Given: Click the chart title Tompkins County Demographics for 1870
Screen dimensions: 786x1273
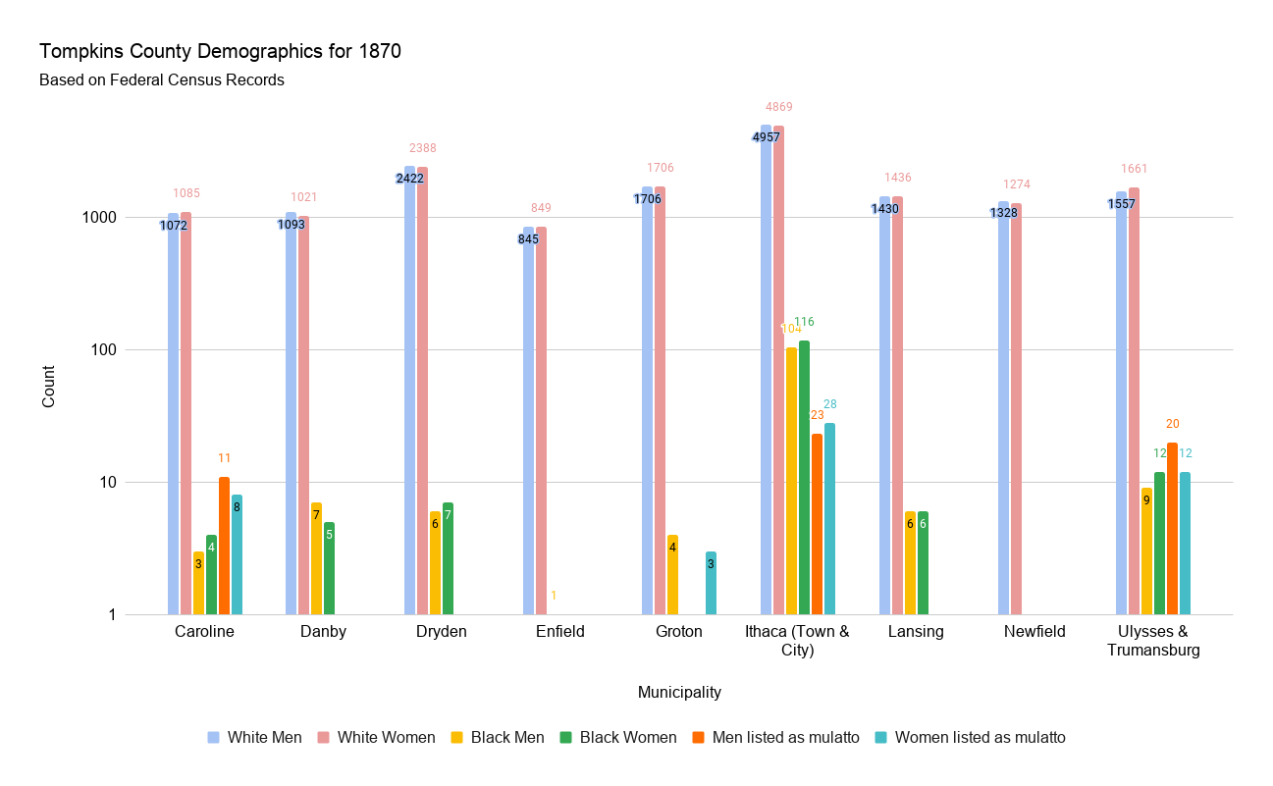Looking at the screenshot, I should pos(220,52).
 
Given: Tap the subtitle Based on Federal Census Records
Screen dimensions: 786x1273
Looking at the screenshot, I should pos(162,80).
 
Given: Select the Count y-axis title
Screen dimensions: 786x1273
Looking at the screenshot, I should pos(49,387).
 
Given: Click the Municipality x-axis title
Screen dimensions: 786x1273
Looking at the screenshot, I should pos(679,693).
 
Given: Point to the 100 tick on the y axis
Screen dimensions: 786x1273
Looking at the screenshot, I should pos(132,350).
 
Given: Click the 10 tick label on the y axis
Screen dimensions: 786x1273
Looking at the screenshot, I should pos(136,483).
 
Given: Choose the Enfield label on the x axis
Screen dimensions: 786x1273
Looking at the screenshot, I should pos(559,632).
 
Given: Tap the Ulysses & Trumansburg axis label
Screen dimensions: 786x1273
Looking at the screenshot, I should pos(1153,641).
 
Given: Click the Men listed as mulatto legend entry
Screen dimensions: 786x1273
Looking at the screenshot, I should pos(769,738).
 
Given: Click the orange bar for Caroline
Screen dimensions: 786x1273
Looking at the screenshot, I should pos(224,546).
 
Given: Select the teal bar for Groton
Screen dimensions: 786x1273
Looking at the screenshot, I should pos(711,583).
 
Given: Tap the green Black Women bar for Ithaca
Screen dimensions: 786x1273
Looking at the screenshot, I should pos(804,477).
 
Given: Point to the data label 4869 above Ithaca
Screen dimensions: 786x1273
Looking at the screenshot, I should pos(779,107).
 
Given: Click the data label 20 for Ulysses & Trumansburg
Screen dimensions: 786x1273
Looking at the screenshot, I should pos(1173,424).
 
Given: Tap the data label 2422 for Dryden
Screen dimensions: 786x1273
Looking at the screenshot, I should pos(409,179).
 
